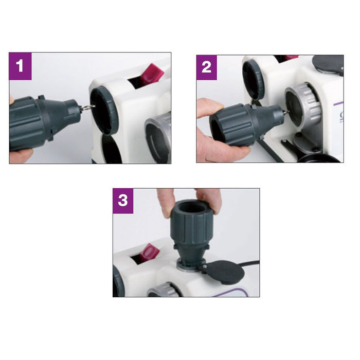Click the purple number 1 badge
pyautogui.click(x=20, y=66)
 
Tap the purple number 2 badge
pyautogui.click(x=206, y=67)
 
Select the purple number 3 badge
pyautogui.click(x=123, y=201)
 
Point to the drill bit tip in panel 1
pyautogui.click(x=95, y=106)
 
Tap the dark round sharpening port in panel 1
pyautogui.click(x=103, y=111)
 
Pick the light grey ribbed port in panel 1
pyautogui.click(x=158, y=137)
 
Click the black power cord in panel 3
pyautogui.click(x=251, y=264)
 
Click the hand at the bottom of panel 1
pyautogui.click(x=20, y=156)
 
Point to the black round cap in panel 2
pyautogui.click(x=329, y=63)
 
